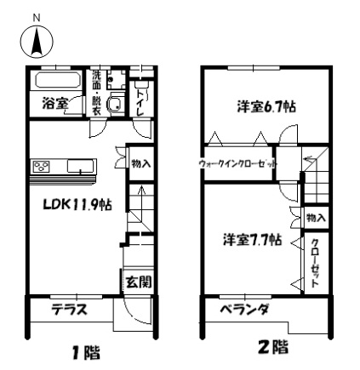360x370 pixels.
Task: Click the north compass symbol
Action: [x=37, y=42]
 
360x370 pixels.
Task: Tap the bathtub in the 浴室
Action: [x=58, y=81]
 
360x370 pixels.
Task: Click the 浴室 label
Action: [x=55, y=104]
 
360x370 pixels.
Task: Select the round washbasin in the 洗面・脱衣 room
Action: [x=116, y=104]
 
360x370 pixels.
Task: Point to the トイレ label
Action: [x=140, y=103]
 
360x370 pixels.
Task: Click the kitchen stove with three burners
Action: [x=42, y=166]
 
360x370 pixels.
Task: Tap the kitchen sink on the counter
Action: [x=81, y=166]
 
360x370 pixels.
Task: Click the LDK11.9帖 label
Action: [x=77, y=204]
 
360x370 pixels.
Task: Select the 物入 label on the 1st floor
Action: [x=140, y=163]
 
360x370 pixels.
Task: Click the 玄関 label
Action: [x=139, y=282]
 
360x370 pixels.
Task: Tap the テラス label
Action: [x=69, y=310]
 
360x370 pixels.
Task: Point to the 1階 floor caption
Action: [x=85, y=353]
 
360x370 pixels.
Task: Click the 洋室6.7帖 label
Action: [x=266, y=107]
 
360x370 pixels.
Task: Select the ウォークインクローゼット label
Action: [x=238, y=164]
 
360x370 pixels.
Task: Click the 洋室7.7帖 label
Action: [x=253, y=240]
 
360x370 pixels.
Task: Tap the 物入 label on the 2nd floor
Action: [x=316, y=218]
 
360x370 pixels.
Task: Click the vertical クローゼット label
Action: [x=315, y=264]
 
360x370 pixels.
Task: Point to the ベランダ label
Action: [x=244, y=309]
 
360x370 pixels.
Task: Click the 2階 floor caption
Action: [x=274, y=347]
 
